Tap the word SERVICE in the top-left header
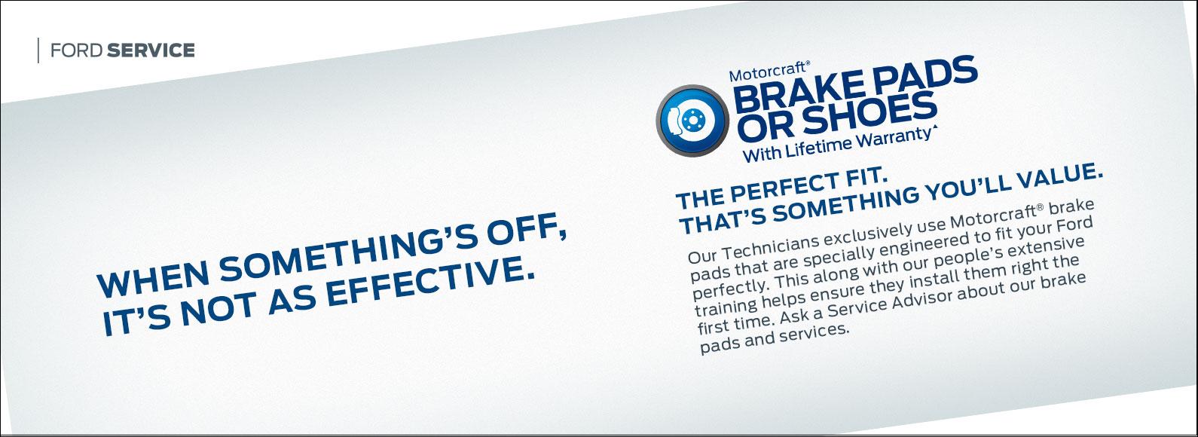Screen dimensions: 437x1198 [x=151, y=50]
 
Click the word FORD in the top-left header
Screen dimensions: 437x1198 [x=77, y=50]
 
